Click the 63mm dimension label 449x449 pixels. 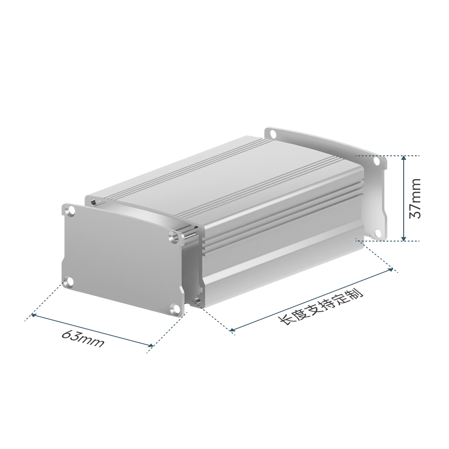(83, 339)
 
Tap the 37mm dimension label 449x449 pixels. (415, 198)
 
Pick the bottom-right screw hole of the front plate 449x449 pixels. (175, 308)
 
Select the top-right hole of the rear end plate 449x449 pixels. (377, 162)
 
